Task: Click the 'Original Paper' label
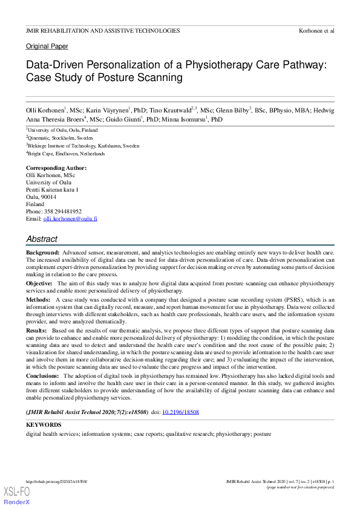pos(47,46)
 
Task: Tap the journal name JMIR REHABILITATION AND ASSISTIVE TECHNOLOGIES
pos(102,30)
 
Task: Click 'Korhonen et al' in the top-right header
pos(316,30)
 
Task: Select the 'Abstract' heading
pos(42,239)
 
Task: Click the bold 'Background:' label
pos(42,251)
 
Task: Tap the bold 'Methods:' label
pos(38,299)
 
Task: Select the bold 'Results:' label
pos(36,331)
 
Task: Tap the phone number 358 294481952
pos(67,212)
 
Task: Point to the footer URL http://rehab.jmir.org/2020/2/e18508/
pos(56,482)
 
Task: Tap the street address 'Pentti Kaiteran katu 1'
pos(52,190)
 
